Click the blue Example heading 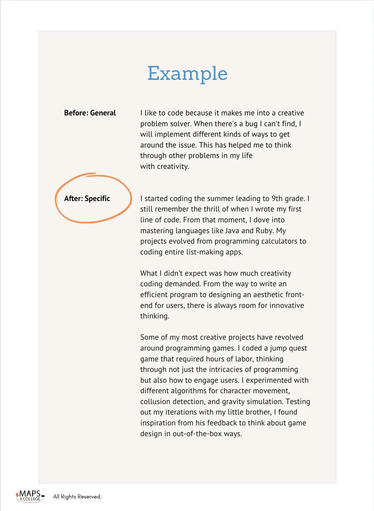187,73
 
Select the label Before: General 90,113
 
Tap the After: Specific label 87,199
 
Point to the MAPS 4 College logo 30,496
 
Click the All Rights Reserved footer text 77,497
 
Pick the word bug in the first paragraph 251,124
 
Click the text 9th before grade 278,199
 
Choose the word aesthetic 267,295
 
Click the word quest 298,348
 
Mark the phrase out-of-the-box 197,434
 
